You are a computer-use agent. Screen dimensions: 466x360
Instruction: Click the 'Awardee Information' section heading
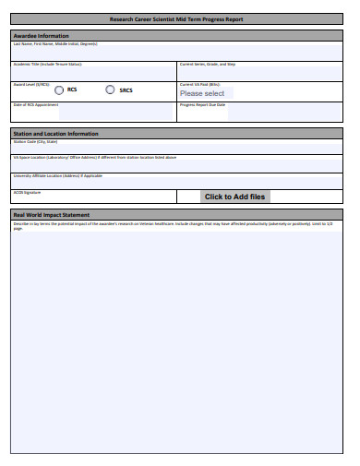(x=41, y=36)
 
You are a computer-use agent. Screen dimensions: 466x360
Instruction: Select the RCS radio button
(x=59, y=90)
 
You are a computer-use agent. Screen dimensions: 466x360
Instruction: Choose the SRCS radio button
(x=111, y=90)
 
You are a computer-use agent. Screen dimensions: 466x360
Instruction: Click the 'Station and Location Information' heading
(x=55, y=134)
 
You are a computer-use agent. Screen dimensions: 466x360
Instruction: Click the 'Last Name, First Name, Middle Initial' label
(x=55, y=43)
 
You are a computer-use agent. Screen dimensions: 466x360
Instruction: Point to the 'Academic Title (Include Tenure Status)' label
(x=47, y=65)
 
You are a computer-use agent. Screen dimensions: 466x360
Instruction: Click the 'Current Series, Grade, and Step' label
(x=208, y=65)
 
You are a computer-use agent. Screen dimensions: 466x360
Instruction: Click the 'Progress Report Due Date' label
(x=202, y=104)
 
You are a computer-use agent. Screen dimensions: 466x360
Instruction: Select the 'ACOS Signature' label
(x=27, y=192)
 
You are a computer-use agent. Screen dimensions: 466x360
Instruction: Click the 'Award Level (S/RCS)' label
(x=31, y=84)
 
